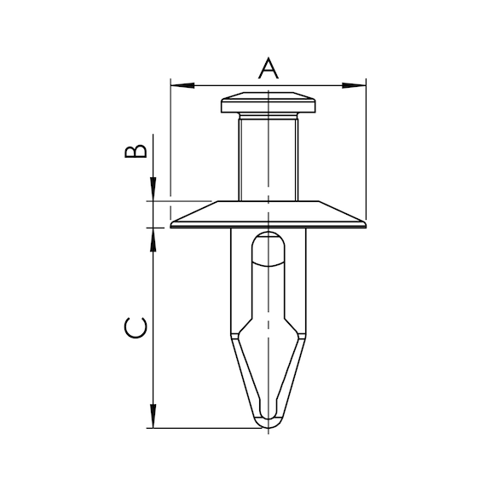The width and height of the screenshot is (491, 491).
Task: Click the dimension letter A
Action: coord(269,68)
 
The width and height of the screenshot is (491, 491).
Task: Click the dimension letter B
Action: coord(136,151)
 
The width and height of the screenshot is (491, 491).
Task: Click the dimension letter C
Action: coord(136,328)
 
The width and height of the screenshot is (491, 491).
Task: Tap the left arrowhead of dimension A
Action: coord(182,85)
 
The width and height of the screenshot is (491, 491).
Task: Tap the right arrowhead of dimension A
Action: coord(354,85)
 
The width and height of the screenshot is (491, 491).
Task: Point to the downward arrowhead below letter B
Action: coord(153,189)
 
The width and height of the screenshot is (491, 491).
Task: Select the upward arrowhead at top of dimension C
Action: coord(153,240)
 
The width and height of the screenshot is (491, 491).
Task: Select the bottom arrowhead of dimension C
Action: coord(153,416)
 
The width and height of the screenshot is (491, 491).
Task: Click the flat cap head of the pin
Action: coord(269,102)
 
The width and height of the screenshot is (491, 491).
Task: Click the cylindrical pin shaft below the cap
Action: coord(269,159)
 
